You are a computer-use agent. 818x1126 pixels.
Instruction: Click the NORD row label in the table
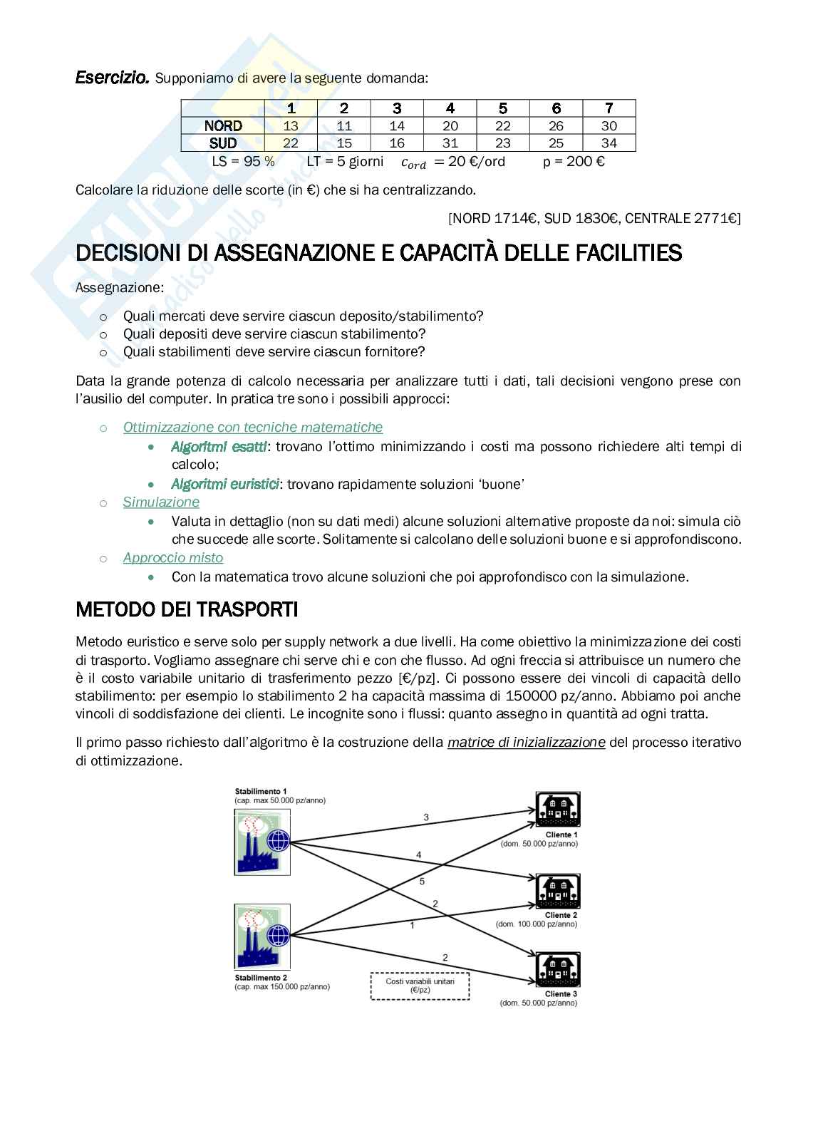coord(223,125)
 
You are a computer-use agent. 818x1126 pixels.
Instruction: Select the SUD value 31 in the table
coord(450,143)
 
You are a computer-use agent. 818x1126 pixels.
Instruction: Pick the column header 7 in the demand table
coord(609,108)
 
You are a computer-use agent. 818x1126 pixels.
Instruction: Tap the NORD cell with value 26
coord(556,125)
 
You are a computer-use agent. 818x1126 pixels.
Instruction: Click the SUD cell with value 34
coord(609,143)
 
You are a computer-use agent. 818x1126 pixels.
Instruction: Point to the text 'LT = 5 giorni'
coord(345,161)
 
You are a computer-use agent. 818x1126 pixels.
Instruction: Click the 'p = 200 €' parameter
coord(574,161)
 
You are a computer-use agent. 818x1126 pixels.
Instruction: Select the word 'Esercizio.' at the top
coord(113,78)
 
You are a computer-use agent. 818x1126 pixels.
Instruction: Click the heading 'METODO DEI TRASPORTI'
coord(187,610)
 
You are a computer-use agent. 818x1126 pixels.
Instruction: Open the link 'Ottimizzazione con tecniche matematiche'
coord(253,427)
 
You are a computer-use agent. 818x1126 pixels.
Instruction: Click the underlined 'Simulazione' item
coord(161,502)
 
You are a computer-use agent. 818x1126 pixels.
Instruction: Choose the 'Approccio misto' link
coord(173,557)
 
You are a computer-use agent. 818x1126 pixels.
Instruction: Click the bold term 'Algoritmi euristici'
coord(224,484)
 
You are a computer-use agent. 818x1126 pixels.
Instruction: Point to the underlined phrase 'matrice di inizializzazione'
coord(526,742)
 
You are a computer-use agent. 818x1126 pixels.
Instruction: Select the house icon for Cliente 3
coord(559,969)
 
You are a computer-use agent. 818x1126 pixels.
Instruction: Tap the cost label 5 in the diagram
coord(422,882)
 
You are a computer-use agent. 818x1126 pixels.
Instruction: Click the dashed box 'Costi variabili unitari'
coord(420,986)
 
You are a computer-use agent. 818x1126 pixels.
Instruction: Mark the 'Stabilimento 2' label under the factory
coord(261,978)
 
